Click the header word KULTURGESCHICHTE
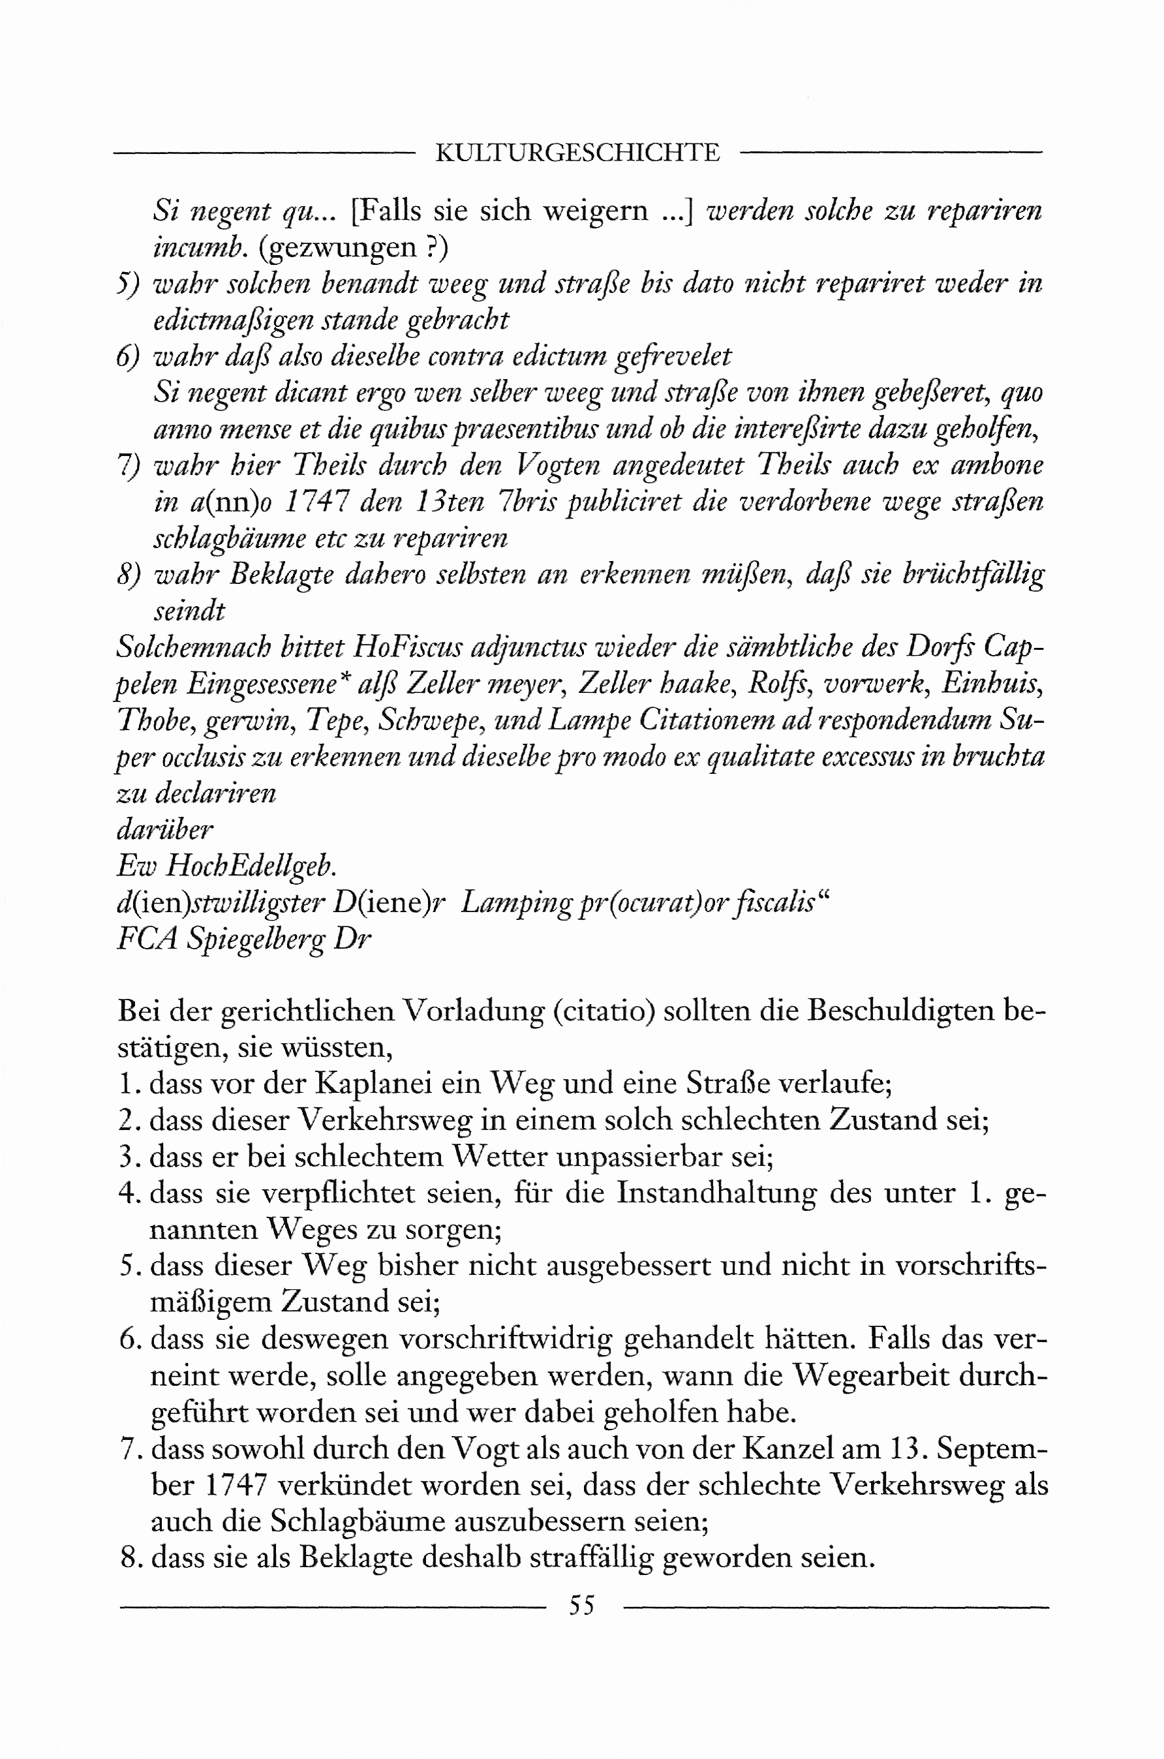click(577, 153)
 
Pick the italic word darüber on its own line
click(166, 829)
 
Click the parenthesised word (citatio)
click(604, 1011)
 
